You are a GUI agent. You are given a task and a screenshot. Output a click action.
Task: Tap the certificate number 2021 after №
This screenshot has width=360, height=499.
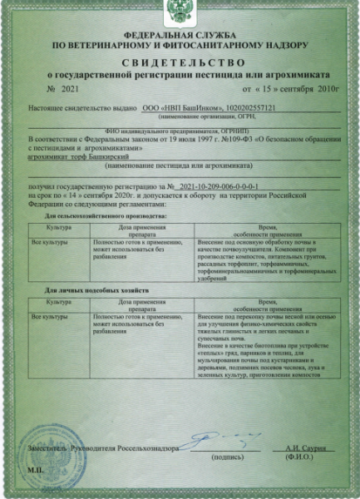68,88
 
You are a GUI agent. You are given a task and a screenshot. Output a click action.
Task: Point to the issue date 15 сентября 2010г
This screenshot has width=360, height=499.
286,88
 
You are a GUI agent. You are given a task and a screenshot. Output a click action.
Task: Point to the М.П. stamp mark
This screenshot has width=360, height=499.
35,469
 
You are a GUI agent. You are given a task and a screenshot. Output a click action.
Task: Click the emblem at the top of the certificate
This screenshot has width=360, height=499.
179,11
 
